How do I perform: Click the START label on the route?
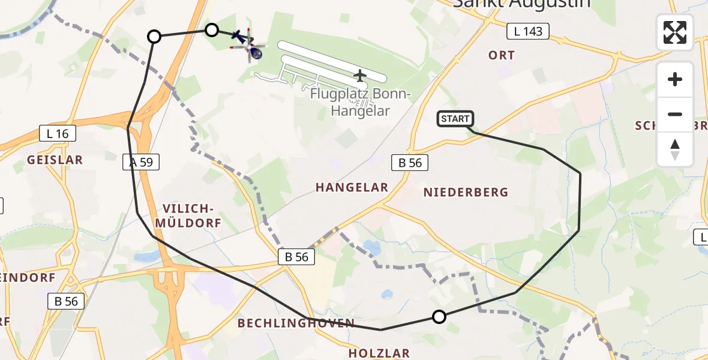[x=455, y=119]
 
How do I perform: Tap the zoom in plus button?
[x=675, y=79]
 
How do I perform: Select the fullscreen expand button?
[x=675, y=32]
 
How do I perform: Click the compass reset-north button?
[x=675, y=149]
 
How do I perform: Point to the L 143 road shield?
[x=528, y=31]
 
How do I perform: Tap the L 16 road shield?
[x=58, y=133]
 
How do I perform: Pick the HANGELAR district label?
[x=352, y=188]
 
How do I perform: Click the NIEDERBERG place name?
[x=466, y=193]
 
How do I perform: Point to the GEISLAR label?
[x=55, y=160]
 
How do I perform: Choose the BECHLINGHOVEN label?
[x=296, y=323]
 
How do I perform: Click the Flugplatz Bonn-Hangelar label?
[x=360, y=103]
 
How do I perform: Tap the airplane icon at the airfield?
[x=359, y=76]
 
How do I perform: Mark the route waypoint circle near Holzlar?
[x=439, y=317]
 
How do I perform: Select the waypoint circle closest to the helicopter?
[x=212, y=30]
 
